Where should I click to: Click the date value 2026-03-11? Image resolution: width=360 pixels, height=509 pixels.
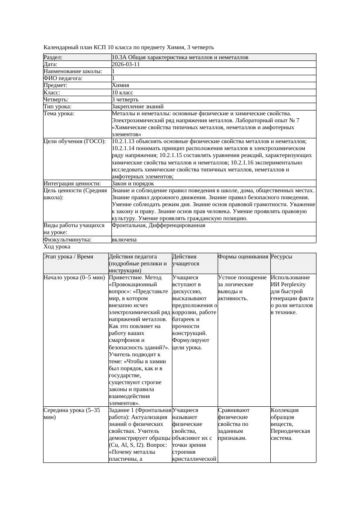126,64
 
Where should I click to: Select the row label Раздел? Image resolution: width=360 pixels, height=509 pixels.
53,57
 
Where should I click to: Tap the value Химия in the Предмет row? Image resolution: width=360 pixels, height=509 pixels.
120,85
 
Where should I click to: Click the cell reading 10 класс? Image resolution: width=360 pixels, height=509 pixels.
122,92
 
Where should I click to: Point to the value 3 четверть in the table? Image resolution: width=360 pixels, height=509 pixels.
125,99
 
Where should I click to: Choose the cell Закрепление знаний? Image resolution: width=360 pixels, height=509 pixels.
138,106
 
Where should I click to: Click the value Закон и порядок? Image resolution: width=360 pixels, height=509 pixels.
132,184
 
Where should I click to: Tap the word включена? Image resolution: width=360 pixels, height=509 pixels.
124,239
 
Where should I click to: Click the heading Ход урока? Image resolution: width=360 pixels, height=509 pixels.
57,246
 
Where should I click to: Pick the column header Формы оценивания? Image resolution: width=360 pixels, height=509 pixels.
243,257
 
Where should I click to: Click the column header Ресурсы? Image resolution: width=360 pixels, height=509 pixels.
281,257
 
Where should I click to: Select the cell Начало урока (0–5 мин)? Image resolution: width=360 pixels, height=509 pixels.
74,277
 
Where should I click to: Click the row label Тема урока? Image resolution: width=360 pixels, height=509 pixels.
59,114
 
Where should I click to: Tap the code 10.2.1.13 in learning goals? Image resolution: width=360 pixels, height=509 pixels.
124,141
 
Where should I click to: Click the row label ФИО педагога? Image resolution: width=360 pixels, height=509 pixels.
63,78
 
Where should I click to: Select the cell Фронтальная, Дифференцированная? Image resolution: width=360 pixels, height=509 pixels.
158,225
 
